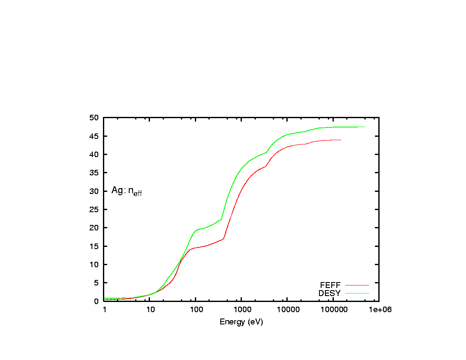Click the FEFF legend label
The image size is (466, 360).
click(330, 285)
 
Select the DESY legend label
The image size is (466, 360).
click(330, 293)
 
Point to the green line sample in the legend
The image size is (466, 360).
click(357, 293)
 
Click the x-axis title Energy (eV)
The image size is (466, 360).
click(241, 322)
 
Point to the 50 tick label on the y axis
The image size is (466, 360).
click(95, 118)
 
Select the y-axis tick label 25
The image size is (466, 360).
click(95, 210)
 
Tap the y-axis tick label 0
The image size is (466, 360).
click(97, 301)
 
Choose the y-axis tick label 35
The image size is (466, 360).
click(95, 173)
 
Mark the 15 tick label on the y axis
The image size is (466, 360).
click(95, 246)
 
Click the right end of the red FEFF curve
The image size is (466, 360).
click(341, 140)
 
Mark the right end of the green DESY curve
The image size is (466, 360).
click(365, 127)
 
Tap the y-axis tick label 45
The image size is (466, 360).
click(95, 136)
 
